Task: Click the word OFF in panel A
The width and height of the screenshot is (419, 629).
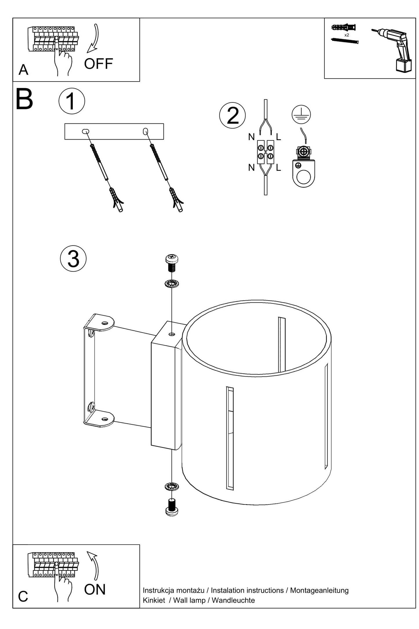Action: tap(98, 64)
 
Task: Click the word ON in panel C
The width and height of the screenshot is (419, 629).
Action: tap(95, 590)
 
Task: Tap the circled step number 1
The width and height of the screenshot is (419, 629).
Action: tap(72, 101)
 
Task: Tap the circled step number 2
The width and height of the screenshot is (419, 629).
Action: tap(232, 115)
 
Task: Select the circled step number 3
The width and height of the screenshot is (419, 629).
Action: tap(73, 259)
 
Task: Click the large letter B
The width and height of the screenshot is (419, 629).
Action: tap(24, 99)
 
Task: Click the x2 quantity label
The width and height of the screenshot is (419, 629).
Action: tap(347, 35)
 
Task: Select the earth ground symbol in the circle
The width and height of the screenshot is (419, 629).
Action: tap(301, 114)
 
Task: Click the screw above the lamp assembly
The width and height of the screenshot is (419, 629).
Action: tap(172, 263)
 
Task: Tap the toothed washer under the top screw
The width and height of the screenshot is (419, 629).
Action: tap(172, 283)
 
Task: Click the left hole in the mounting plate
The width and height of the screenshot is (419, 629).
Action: tap(86, 131)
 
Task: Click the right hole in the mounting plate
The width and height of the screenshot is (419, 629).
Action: tap(146, 131)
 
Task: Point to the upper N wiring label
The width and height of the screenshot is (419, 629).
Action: tap(251, 137)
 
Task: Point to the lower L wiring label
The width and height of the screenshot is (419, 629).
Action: tap(278, 168)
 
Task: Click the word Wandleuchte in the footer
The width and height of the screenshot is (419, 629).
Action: tap(233, 600)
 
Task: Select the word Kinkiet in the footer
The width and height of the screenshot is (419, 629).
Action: tap(154, 600)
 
